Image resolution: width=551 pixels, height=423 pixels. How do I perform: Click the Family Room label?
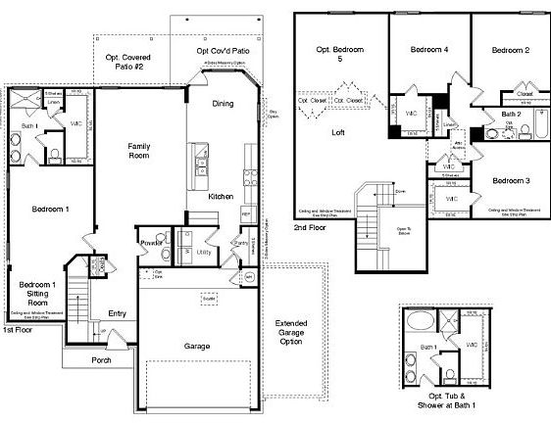coord(139,151)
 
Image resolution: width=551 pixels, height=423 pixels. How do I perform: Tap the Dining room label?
coord(223,103)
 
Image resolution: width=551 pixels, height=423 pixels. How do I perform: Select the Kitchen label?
coord(221,197)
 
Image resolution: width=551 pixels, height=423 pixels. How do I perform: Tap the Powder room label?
coord(150,241)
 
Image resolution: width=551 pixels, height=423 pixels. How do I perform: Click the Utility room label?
coord(204,253)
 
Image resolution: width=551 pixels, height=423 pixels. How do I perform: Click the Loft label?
coord(338,132)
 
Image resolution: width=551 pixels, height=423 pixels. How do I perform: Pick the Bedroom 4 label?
coord(428,50)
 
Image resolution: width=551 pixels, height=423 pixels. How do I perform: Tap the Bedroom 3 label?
coord(511,181)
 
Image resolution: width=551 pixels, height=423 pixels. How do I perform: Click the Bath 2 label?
coord(510,115)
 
